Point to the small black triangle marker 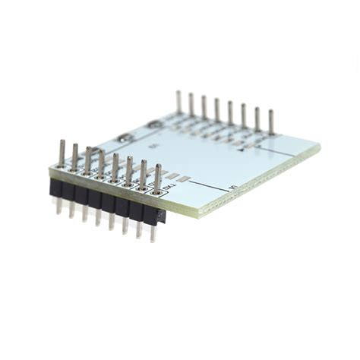241,149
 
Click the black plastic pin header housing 106,201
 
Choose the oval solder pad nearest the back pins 154,123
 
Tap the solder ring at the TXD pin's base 156,191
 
